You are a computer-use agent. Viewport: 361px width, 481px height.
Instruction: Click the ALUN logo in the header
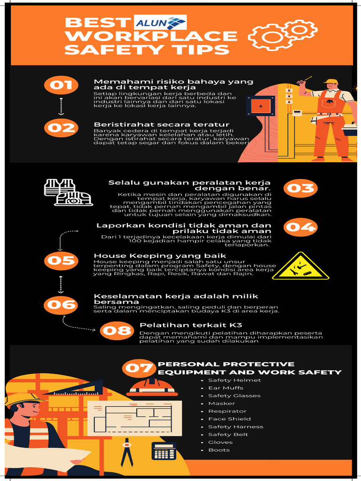tap(160, 23)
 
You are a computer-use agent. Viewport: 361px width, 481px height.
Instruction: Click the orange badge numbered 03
tap(300, 188)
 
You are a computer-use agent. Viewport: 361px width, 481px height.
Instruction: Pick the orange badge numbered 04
tap(300, 227)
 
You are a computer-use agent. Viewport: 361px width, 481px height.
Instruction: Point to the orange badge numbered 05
tap(61, 260)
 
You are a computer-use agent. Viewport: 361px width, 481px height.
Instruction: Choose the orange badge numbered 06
tap(61, 305)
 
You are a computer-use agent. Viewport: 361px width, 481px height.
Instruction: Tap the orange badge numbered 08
tap(117, 331)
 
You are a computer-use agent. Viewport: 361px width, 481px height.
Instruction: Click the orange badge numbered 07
tap(139, 368)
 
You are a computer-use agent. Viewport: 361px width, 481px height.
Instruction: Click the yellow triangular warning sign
tap(300, 268)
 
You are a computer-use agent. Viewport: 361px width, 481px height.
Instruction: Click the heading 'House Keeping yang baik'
tap(140, 256)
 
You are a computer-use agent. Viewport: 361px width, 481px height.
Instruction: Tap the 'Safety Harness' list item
tap(235, 427)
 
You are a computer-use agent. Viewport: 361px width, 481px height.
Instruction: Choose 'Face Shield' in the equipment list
tap(229, 419)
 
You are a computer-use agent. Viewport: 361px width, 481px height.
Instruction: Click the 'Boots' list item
tap(219, 450)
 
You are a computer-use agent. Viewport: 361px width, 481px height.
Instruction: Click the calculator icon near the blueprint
tap(164, 451)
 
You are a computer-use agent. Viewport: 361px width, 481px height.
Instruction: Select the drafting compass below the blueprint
tap(126, 451)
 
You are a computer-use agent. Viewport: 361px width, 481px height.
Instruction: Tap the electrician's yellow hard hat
tap(331, 81)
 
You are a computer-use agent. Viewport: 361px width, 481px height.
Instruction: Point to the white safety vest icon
tap(59, 187)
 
